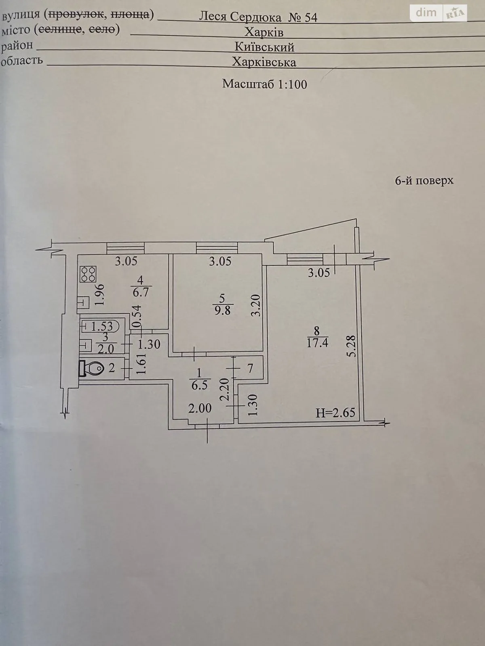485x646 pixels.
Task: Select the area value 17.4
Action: pos(317,343)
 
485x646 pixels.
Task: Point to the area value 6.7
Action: pos(141,292)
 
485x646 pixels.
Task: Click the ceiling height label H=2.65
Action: pos(335,412)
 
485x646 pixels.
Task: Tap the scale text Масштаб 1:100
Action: pos(265,84)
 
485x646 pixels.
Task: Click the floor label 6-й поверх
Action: pos(424,180)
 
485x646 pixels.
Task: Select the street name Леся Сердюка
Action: pos(240,17)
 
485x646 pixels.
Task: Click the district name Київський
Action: pos(264,47)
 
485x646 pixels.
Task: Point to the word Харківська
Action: pos(264,62)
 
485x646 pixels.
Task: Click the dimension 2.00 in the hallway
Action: pos(200,408)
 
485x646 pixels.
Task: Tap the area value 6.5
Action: pos(199,385)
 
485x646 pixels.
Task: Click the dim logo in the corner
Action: pos(426,13)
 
